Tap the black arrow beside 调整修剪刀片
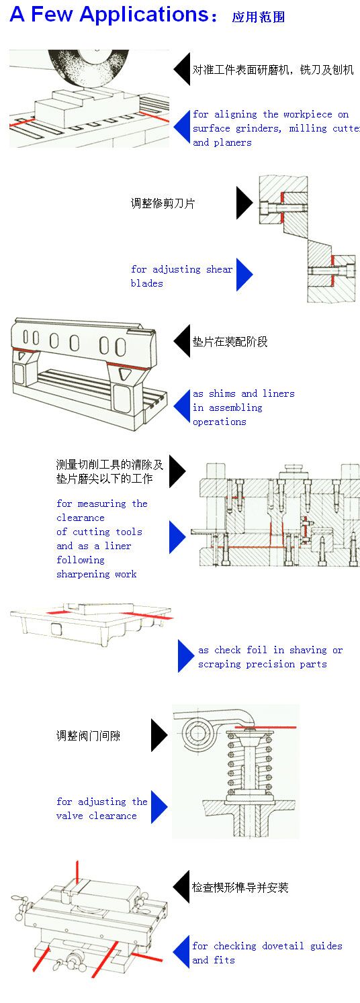(x=244, y=203)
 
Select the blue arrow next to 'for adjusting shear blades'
(x=244, y=275)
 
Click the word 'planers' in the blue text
(x=232, y=142)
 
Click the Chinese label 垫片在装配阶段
(x=230, y=342)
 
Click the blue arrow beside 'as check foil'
(x=185, y=656)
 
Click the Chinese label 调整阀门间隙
(x=89, y=736)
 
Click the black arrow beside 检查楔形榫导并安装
(x=181, y=888)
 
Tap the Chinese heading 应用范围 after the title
(x=259, y=17)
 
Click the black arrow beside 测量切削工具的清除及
(x=177, y=471)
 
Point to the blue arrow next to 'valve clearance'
(x=159, y=808)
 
